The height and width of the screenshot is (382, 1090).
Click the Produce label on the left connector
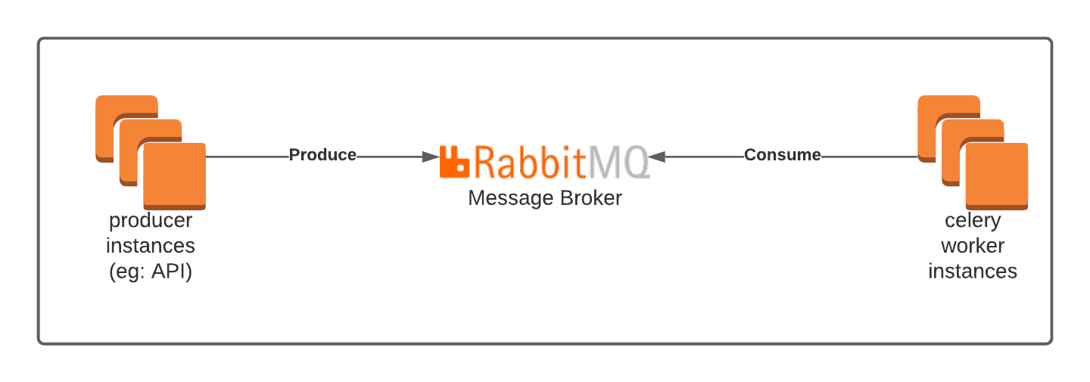(322, 155)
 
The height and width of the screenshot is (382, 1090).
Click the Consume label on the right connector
(783, 155)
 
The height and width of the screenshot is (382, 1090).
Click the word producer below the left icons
(151, 222)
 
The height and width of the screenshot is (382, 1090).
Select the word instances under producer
(151, 246)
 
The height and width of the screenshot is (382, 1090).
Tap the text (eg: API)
(151, 271)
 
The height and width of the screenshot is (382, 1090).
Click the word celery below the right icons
(973, 222)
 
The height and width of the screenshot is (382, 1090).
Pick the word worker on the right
(973, 246)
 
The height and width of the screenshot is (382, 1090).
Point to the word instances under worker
(973, 271)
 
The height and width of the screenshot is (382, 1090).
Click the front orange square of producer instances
(175, 175)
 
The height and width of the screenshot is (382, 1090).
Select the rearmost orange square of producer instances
(110, 113)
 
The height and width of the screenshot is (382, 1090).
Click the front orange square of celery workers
(997, 175)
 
